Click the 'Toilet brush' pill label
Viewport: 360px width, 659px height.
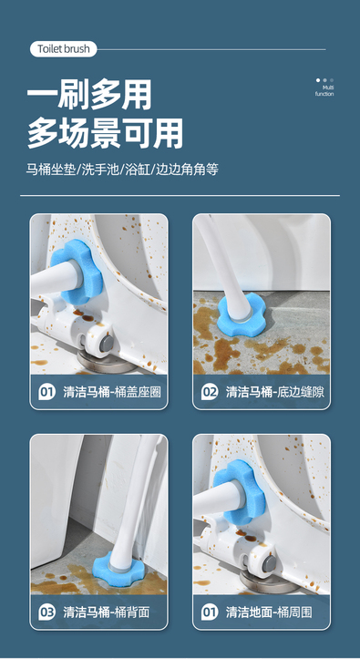pyautogui.click(x=64, y=49)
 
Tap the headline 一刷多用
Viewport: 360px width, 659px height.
pyautogui.click(x=89, y=95)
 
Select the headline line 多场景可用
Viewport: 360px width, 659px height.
pyautogui.click(x=105, y=133)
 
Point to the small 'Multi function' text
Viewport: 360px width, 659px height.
pyautogui.click(x=324, y=91)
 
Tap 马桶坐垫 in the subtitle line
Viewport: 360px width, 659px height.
pyautogui.click(x=51, y=170)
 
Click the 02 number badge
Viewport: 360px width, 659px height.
pyautogui.click(x=210, y=393)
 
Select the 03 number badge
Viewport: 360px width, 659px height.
pyautogui.click(x=47, y=613)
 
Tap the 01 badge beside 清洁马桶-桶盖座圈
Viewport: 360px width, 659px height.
pyautogui.click(x=47, y=393)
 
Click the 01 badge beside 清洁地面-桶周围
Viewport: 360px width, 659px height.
pyautogui.click(x=210, y=613)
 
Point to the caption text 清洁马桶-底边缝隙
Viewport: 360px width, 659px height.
pyautogui.click(x=275, y=393)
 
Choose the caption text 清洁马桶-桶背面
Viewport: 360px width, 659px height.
pyautogui.click(x=107, y=613)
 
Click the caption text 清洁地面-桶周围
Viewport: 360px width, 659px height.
pyautogui.click(x=269, y=613)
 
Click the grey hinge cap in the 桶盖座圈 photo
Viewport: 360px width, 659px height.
pyautogui.click(x=108, y=342)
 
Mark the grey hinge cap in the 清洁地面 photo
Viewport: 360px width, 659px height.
pyautogui.click(x=270, y=563)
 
